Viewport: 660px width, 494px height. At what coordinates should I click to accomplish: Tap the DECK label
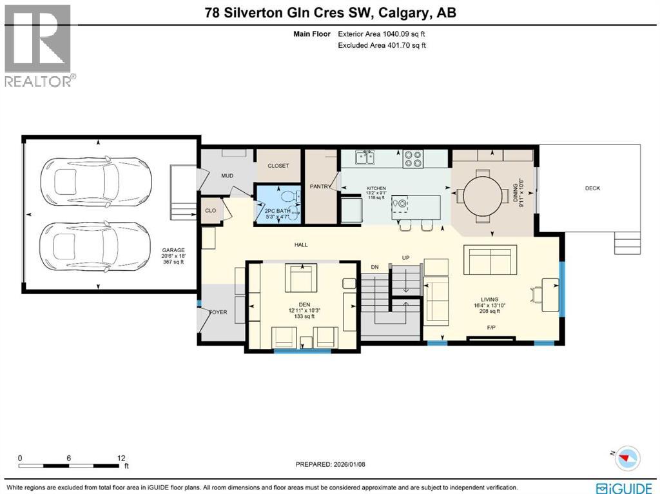[592, 188]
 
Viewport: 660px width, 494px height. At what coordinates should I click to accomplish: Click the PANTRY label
[321, 188]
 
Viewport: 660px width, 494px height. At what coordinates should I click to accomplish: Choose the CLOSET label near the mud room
[278, 166]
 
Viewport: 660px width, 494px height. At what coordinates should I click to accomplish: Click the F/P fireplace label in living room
[490, 328]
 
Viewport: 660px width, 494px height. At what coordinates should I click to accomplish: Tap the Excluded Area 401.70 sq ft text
[382, 45]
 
